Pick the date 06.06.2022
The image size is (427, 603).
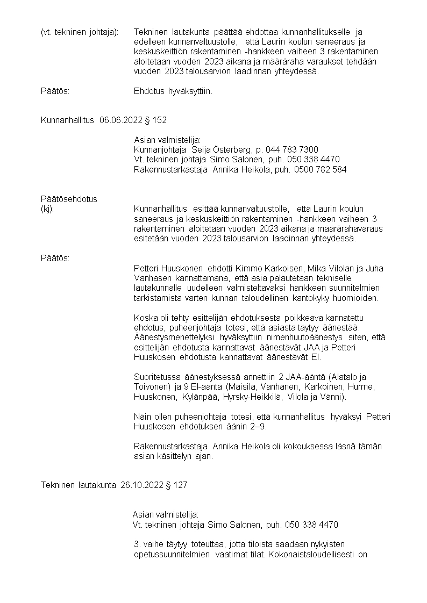pyautogui.click(x=120, y=120)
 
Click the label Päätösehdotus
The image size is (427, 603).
pyautogui.click(x=69, y=199)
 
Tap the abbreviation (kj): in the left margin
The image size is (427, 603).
pyautogui.click(x=47, y=209)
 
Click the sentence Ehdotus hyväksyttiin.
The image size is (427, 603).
pyautogui.click(x=173, y=91)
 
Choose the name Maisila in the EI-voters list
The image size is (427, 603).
pyautogui.click(x=243, y=387)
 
